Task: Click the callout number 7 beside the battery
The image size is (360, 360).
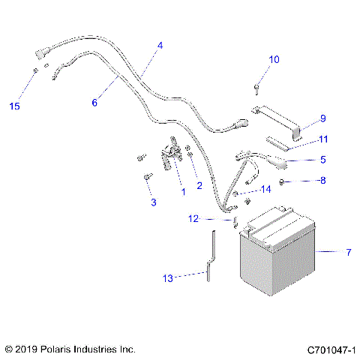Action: point(347,253)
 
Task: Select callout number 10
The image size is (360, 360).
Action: point(274,59)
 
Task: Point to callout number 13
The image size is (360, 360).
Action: point(168,278)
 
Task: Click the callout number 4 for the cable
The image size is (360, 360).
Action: point(159,46)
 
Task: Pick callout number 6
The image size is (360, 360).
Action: point(94,103)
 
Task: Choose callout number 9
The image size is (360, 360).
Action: point(323,118)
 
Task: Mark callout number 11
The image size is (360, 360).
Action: point(323,139)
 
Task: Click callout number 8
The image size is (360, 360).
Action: point(323,181)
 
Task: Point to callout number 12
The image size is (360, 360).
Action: point(193,219)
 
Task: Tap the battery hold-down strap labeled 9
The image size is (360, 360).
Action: point(280,123)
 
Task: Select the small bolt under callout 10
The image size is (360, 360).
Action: point(256,89)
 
